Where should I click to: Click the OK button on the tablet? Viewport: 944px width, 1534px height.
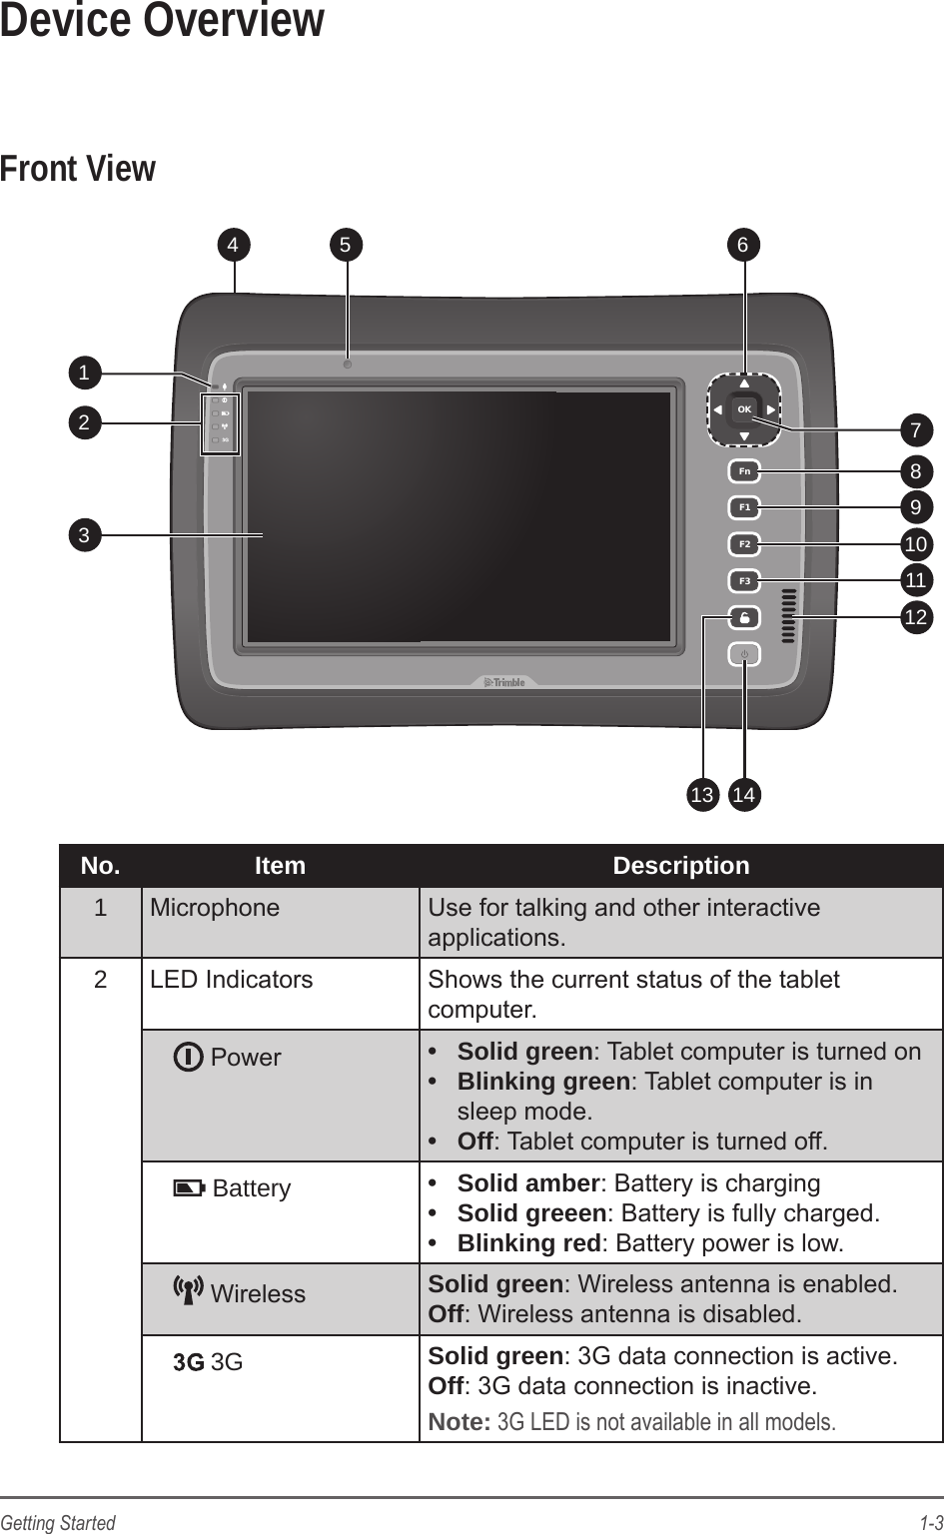point(743,409)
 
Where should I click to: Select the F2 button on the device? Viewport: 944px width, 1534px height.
point(744,544)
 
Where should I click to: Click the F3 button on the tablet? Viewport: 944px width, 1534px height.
point(744,580)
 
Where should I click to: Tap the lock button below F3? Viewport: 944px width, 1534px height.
point(744,618)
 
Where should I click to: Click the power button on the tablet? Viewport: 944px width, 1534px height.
point(744,655)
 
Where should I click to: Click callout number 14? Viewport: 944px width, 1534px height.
point(743,795)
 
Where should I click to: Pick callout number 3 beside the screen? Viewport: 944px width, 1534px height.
point(85,535)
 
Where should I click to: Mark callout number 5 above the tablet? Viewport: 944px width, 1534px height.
point(346,244)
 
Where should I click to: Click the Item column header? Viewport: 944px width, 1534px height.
point(280,866)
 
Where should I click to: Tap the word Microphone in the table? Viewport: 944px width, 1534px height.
point(215,908)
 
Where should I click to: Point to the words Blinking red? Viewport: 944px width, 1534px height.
point(528,1243)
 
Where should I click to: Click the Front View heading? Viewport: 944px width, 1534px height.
point(78,169)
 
